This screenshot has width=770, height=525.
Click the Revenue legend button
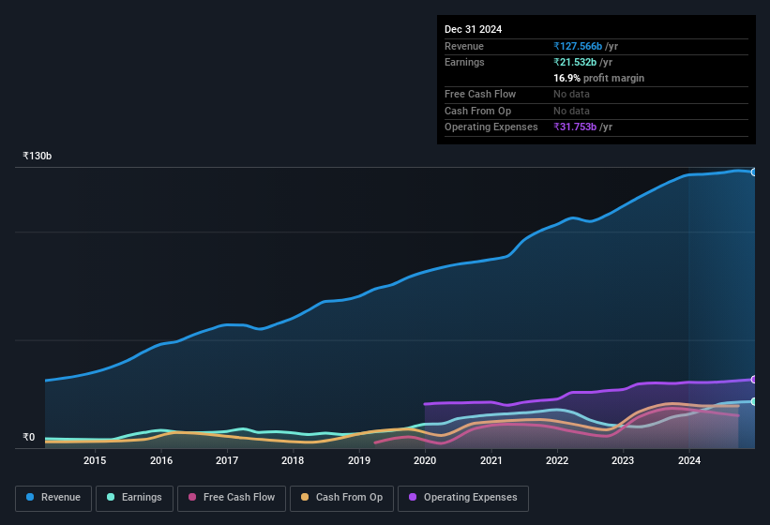tap(53, 497)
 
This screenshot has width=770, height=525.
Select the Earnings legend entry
tap(134, 497)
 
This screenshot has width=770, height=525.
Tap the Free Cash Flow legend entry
tap(232, 497)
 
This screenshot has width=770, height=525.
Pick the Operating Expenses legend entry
tap(463, 497)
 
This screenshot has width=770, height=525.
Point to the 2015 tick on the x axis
tap(95, 460)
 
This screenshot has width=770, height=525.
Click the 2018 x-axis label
tap(293, 460)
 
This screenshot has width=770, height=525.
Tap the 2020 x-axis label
tap(425, 460)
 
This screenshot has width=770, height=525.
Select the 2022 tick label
tap(557, 460)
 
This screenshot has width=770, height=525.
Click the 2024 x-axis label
tap(689, 460)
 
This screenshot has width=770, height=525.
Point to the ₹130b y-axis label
tap(38, 156)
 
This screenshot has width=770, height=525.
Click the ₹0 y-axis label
tap(28, 437)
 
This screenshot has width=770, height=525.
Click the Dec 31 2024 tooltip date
tap(473, 29)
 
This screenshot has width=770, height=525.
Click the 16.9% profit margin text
tap(598, 78)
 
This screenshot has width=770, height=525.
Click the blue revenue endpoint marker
tap(754, 172)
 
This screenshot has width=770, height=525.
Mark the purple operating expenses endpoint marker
tap(754, 379)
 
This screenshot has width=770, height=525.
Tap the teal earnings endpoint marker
tap(754, 401)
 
